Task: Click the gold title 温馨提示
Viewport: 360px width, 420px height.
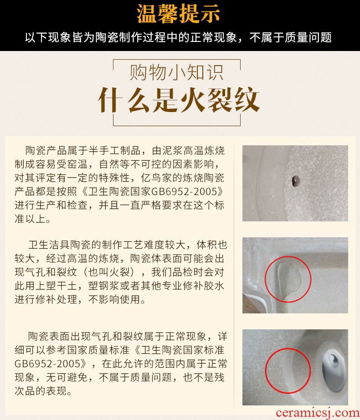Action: tap(178, 14)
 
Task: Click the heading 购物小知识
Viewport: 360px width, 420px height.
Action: tap(176, 72)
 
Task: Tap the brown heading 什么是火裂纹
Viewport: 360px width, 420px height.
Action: tap(179, 100)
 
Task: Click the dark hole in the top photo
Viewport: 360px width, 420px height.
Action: tap(296, 181)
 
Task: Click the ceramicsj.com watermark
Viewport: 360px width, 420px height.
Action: tap(318, 413)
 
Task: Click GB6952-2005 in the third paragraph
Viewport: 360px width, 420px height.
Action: tap(47, 364)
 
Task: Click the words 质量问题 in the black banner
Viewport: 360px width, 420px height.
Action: tap(308, 37)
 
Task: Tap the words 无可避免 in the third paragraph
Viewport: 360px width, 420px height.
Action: tap(67, 378)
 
